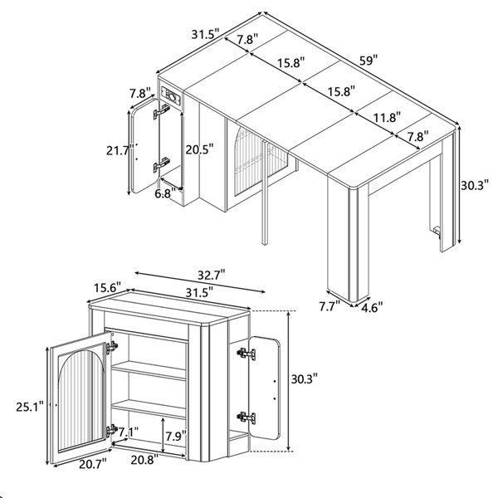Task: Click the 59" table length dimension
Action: click(x=369, y=60)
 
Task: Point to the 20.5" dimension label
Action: click(x=199, y=149)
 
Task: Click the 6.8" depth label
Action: click(x=165, y=193)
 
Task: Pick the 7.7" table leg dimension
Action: click(x=330, y=306)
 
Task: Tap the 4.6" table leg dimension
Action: click(x=372, y=307)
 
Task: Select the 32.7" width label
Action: click(x=212, y=275)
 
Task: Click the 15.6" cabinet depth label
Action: click(x=108, y=288)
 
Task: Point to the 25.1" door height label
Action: click(x=30, y=407)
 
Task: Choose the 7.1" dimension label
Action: click(x=129, y=432)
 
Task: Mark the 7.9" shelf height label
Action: click(x=176, y=437)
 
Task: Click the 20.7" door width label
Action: click(x=92, y=464)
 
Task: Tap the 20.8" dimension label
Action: click(x=144, y=459)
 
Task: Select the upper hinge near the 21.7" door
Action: click(x=162, y=111)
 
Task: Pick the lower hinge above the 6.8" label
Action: click(x=162, y=165)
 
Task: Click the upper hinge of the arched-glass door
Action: click(x=112, y=347)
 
